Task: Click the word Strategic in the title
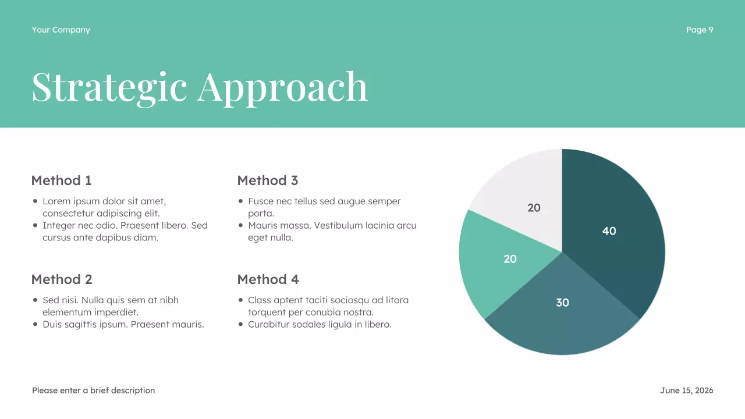click(109, 87)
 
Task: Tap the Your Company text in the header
click(61, 30)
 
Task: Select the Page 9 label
click(699, 30)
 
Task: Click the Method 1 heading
click(61, 180)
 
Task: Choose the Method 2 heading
click(62, 279)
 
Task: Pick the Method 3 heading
click(268, 180)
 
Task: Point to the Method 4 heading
click(268, 279)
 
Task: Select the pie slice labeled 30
click(559, 326)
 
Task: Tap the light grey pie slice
click(524, 186)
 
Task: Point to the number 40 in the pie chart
click(609, 231)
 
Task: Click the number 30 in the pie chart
click(562, 303)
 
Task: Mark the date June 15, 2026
click(686, 390)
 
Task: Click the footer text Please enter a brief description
click(93, 390)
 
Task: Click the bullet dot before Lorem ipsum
click(36, 201)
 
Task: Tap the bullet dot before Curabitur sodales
click(241, 324)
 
